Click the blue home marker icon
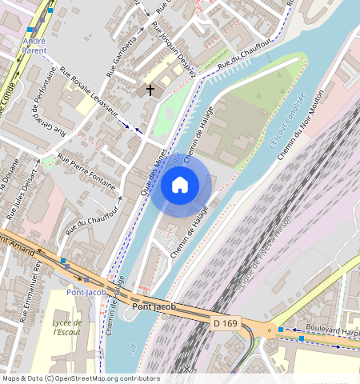click(x=180, y=186)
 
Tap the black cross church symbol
click(x=150, y=90)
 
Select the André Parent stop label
click(x=34, y=45)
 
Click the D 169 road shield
click(x=226, y=322)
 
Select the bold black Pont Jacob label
click(x=152, y=307)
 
